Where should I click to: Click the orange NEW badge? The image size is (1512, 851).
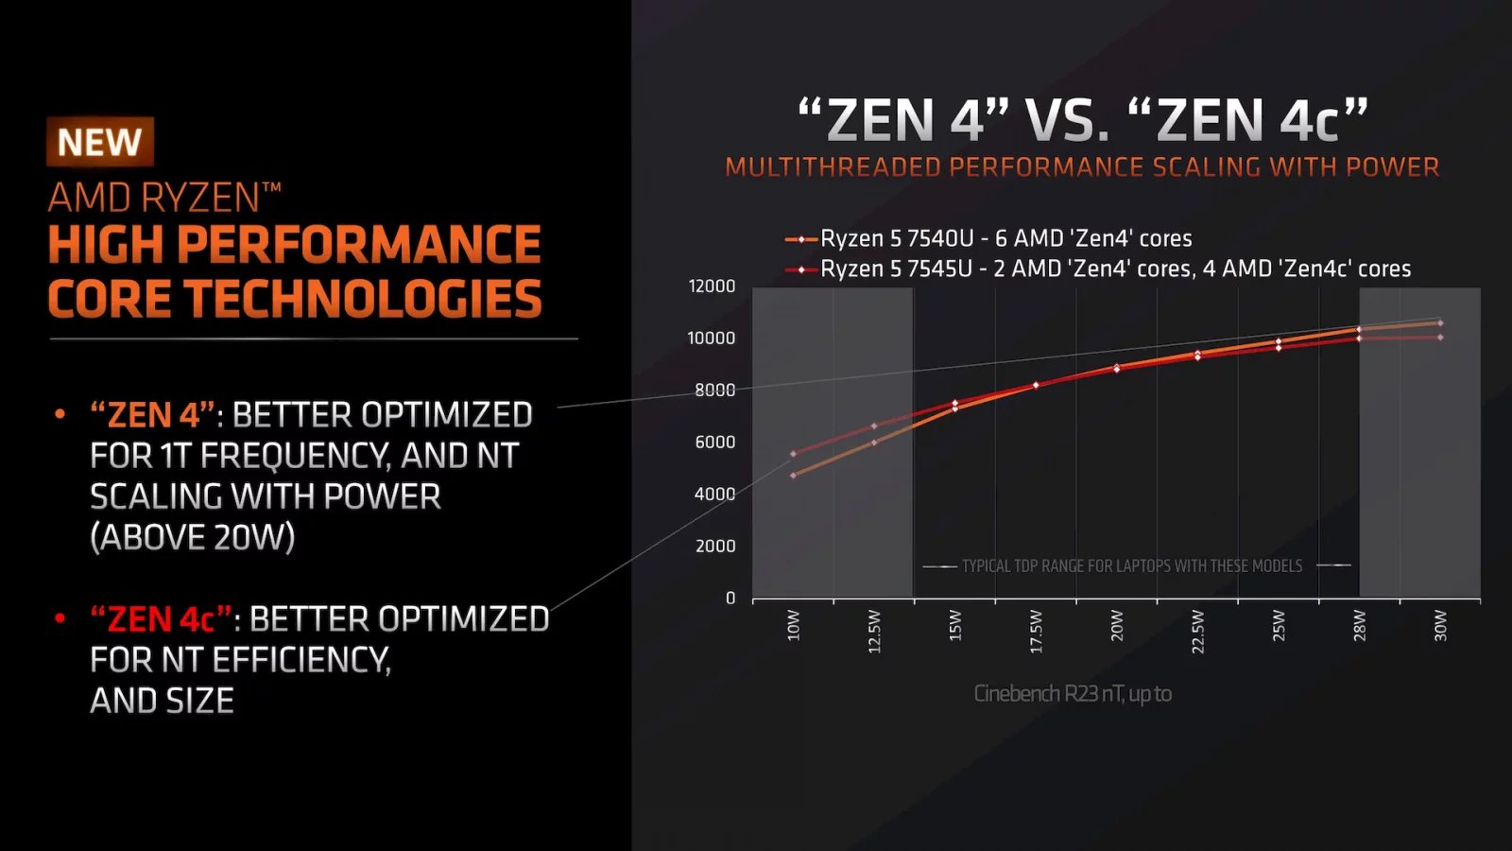99,142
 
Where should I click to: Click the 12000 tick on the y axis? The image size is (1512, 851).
712,286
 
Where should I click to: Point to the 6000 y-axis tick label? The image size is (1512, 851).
714,442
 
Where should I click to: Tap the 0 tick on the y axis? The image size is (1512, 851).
730,598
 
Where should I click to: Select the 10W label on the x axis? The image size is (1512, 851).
794,625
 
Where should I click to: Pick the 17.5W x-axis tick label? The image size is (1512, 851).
1036,631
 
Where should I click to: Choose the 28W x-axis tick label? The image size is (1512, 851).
1360,625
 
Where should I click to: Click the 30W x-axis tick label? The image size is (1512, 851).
1440,625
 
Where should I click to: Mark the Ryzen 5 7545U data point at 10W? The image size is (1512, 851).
793,454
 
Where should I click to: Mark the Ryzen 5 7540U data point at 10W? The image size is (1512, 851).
793,476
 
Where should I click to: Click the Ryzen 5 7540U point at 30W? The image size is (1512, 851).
1440,323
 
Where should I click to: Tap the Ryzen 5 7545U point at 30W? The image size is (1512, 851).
1440,338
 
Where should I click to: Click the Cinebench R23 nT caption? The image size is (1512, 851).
1073,693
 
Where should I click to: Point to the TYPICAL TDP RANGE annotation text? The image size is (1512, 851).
1131,565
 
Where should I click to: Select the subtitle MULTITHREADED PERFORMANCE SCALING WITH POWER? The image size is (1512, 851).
1082,167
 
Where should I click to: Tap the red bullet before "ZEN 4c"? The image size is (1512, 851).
60,618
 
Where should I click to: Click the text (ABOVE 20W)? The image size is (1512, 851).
193,537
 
